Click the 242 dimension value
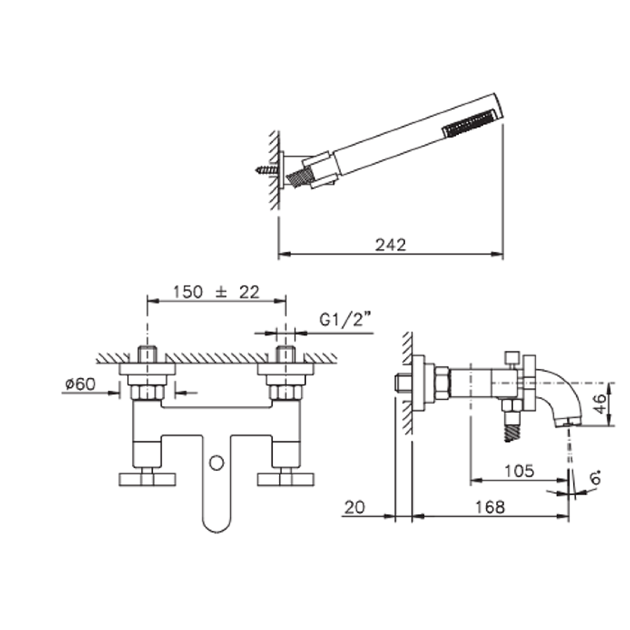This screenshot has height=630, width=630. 391,245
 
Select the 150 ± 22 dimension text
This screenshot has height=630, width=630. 216,292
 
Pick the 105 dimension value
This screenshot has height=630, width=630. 519,471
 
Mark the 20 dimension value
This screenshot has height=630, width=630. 354,507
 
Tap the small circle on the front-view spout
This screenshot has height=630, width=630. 216,463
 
